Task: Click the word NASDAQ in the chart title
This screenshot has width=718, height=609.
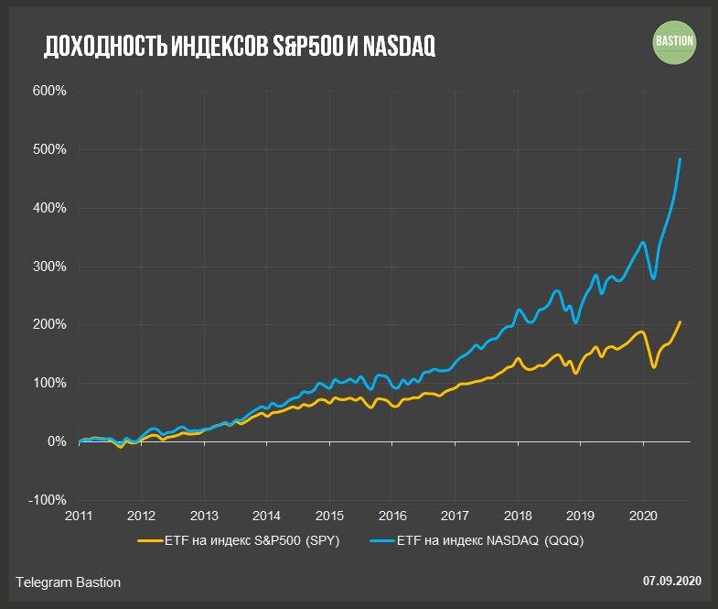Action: pyautogui.click(x=398, y=48)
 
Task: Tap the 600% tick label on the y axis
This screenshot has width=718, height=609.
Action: pyautogui.click(x=50, y=91)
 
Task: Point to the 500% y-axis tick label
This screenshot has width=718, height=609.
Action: pyautogui.click(x=50, y=149)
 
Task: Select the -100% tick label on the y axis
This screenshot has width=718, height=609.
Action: pyautogui.click(x=48, y=500)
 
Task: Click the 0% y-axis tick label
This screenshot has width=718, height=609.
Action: pyautogui.click(x=57, y=441)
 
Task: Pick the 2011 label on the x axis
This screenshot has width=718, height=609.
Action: pyautogui.click(x=80, y=515)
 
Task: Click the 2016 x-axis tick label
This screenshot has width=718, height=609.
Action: pyautogui.click(x=392, y=515)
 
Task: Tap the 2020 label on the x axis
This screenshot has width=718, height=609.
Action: pyautogui.click(x=643, y=515)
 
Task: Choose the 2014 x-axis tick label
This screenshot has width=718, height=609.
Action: pyautogui.click(x=267, y=515)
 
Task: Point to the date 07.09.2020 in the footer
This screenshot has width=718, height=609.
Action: pyautogui.click(x=671, y=581)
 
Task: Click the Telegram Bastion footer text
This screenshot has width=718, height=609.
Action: pyautogui.click(x=69, y=582)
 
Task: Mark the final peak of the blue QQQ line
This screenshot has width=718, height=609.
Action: pyautogui.click(x=680, y=159)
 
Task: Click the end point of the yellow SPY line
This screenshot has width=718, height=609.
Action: pyautogui.click(x=680, y=321)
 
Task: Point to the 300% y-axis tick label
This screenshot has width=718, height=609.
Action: pyautogui.click(x=50, y=266)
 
